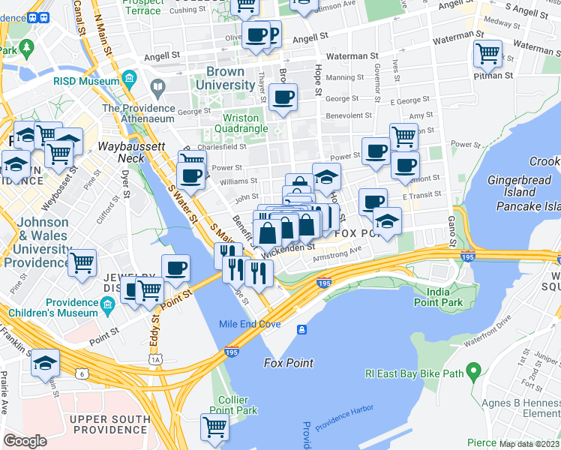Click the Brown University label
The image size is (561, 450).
(225, 79)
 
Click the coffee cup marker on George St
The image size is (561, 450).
(283, 97)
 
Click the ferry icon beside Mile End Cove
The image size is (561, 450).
(301, 329)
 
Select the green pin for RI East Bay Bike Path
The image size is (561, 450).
(472, 370)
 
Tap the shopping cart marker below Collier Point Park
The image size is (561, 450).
(214, 427)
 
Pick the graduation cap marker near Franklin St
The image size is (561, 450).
(45, 363)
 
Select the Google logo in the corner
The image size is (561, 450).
(25, 441)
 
